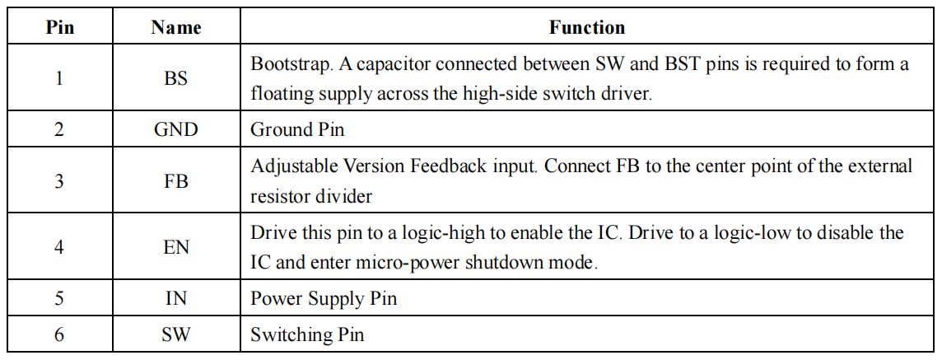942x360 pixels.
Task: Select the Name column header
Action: pos(176,28)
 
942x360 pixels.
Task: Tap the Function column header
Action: pos(587,28)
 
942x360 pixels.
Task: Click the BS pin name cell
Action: pos(176,78)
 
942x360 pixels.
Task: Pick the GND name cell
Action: pos(176,129)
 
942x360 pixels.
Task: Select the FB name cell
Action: pos(176,180)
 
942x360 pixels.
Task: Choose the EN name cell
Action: pos(176,246)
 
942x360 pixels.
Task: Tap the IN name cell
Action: pos(176,298)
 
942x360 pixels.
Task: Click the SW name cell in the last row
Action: pos(176,334)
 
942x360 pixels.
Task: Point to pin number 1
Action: pos(59,78)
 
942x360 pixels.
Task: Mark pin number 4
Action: pos(59,246)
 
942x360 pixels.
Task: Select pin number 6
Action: pos(59,334)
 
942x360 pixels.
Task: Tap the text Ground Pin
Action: pos(297,129)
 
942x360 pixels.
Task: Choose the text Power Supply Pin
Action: pos(324,298)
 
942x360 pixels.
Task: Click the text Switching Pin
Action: pos(307,334)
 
